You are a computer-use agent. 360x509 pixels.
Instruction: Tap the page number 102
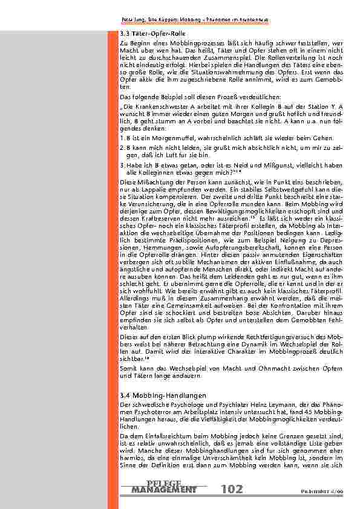[x=232, y=488]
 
